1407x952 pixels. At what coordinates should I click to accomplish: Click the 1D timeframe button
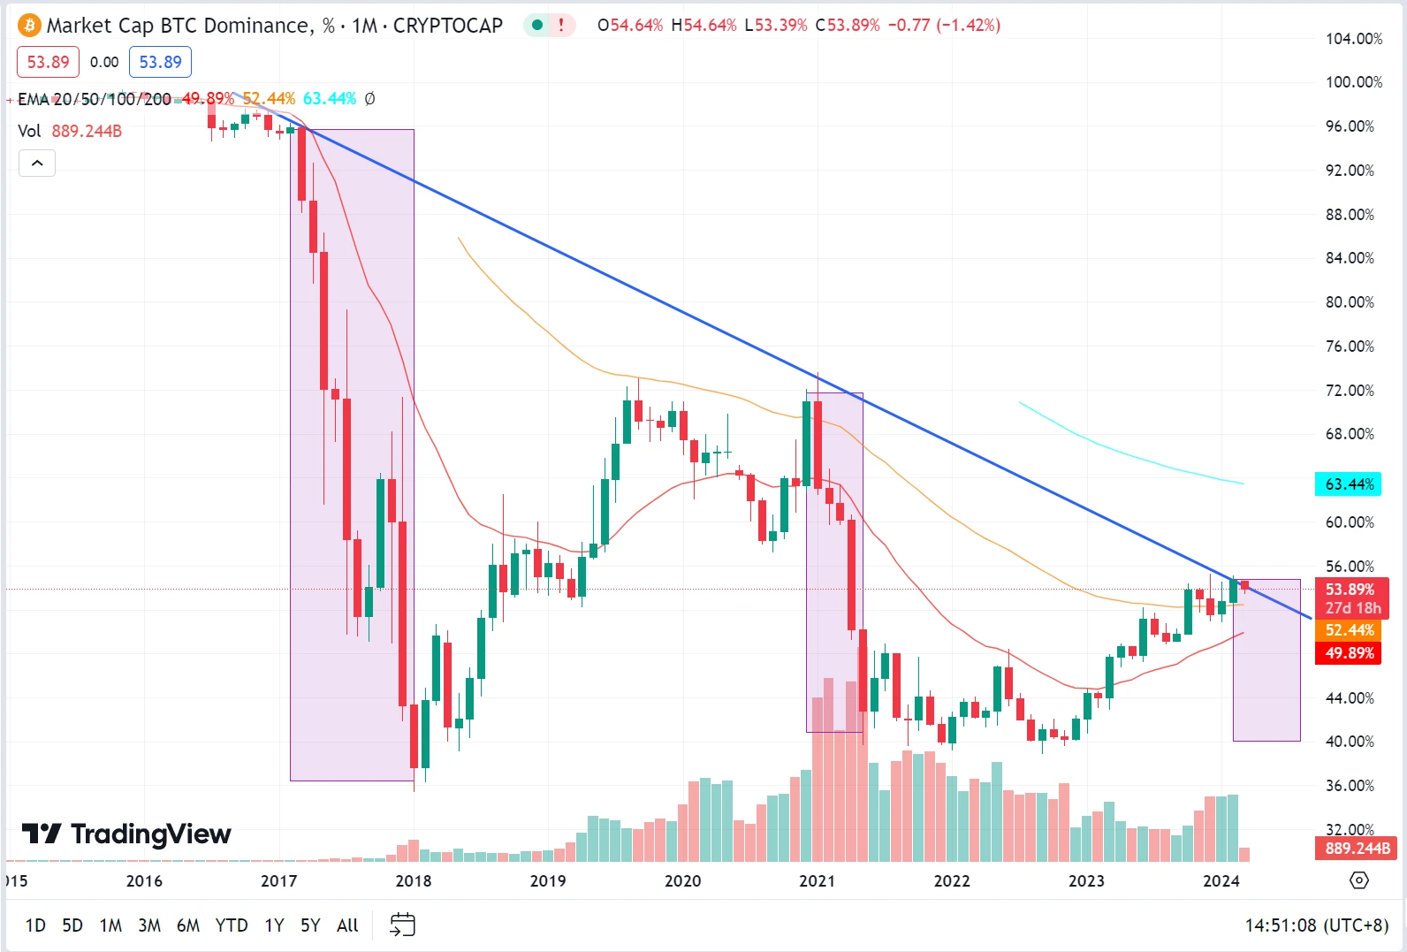click(35, 925)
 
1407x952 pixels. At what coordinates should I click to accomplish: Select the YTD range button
click(232, 925)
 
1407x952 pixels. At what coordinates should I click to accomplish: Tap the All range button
click(347, 925)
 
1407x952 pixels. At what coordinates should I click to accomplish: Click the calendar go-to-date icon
click(402, 925)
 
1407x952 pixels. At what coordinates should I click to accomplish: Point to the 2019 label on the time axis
click(548, 881)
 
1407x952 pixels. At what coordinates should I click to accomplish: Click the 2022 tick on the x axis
click(952, 881)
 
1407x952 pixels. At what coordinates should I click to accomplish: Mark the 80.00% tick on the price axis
click(1350, 302)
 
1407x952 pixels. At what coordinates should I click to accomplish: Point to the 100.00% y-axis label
click(1353, 82)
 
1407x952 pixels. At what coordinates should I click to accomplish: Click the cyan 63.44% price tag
click(1349, 484)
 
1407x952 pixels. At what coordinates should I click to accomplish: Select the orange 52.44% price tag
click(1349, 630)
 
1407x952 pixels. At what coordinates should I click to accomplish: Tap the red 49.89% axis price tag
click(1349, 653)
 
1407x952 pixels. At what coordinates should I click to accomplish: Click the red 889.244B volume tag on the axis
click(1357, 849)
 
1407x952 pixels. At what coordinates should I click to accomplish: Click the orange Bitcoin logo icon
click(29, 26)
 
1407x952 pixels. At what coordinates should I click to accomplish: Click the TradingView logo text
click(127, 834)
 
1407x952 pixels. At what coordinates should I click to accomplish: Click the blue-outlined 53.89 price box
click(160, 62)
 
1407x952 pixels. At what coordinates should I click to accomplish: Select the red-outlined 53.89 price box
click(48, 62)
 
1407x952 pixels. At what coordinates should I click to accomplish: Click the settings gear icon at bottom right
click(1359, 880)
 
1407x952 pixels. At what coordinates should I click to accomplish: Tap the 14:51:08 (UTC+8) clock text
click(1316, 925)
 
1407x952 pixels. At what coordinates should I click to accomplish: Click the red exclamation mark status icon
click(561, 26)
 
